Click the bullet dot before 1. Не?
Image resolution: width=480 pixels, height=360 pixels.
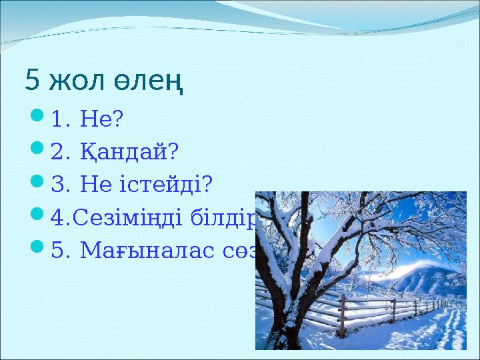37,119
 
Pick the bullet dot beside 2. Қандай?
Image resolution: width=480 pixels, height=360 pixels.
37,152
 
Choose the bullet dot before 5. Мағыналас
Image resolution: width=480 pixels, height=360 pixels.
37,249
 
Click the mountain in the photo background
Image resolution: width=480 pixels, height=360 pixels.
427,273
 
